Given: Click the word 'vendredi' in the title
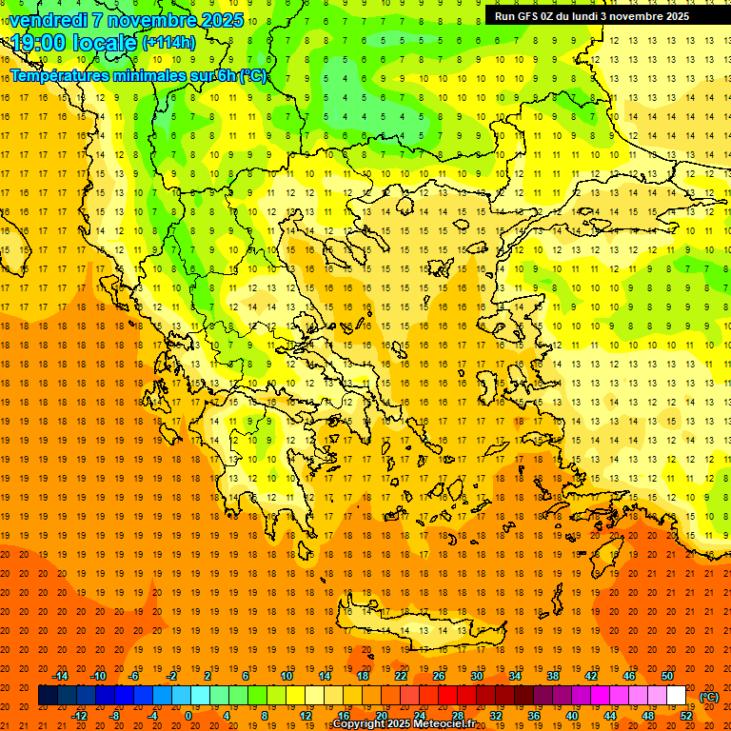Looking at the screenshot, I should click(47, 20).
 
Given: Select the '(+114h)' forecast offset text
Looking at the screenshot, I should click(168, 43).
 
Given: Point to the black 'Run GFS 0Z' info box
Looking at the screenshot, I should click(600, 15).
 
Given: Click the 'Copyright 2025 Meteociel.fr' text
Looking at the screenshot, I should click(404, 724).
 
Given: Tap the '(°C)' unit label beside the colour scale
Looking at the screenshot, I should click(708, 697).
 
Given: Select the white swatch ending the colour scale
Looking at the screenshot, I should click(676, 696).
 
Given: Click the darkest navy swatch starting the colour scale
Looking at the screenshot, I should click(47, 696).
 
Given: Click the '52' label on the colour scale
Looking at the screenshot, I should click(687, 716).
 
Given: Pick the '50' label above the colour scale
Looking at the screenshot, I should click(666, 676).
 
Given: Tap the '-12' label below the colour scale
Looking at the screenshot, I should click(79, 716).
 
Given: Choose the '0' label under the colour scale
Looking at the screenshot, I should click(188, 716).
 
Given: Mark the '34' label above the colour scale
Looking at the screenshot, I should click(514, 676).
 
